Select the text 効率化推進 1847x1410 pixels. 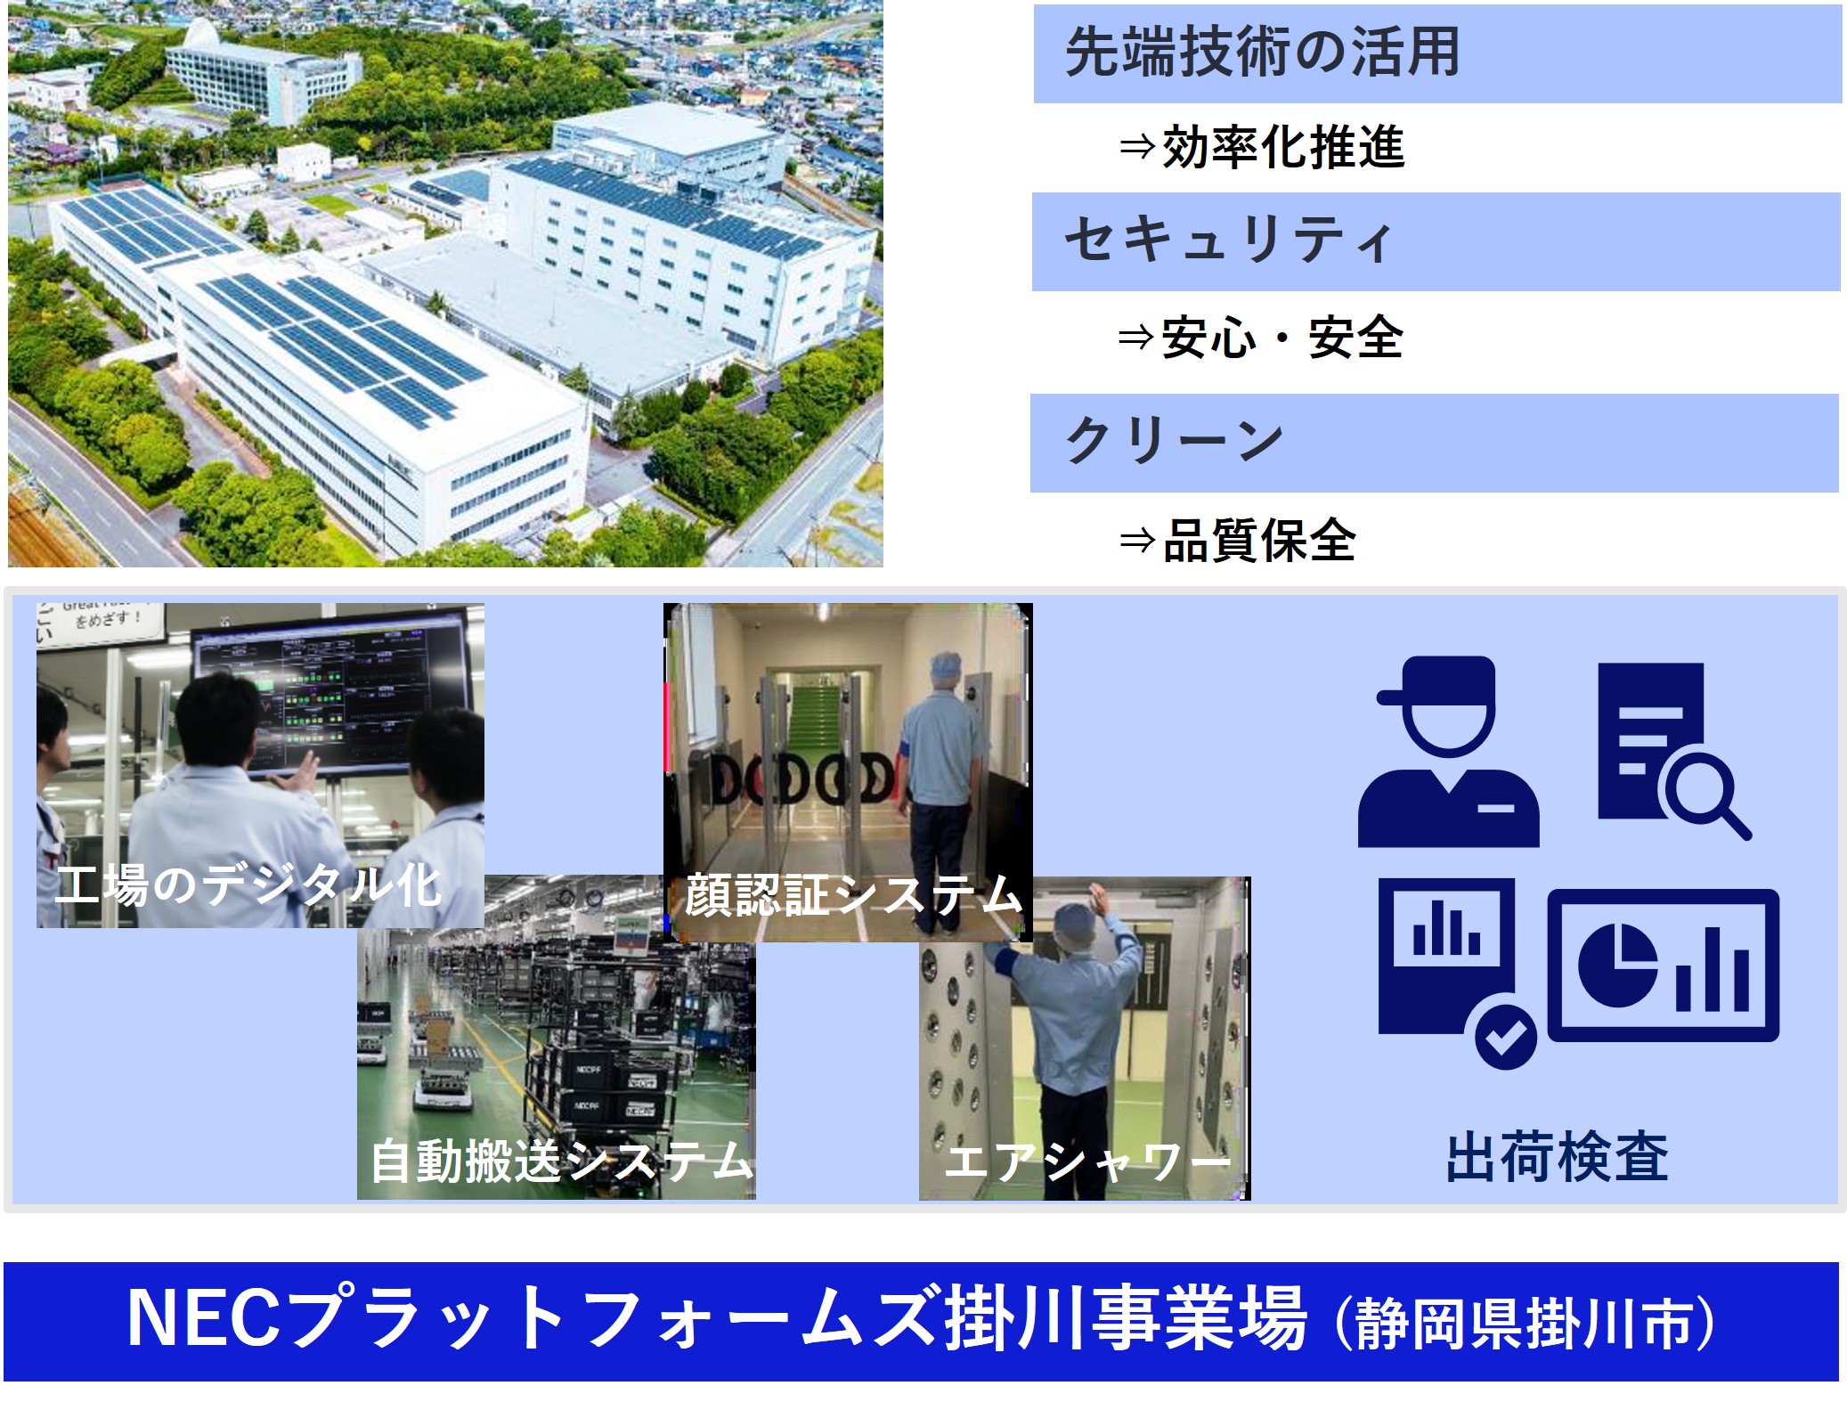1283,147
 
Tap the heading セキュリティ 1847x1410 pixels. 1228,240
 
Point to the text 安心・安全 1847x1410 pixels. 1282,338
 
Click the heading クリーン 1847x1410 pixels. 1174,441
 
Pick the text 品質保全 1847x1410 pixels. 1259,540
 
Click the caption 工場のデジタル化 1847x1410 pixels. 248,885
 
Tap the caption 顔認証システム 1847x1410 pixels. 852,895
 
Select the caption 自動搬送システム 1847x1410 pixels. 562,1161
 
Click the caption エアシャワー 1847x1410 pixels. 1087,1161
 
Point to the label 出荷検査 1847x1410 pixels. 1557,1158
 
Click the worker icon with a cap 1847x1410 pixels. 1448,751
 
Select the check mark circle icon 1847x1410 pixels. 1506,1036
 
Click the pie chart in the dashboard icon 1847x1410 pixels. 1616,965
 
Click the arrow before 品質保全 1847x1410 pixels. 1137,541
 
